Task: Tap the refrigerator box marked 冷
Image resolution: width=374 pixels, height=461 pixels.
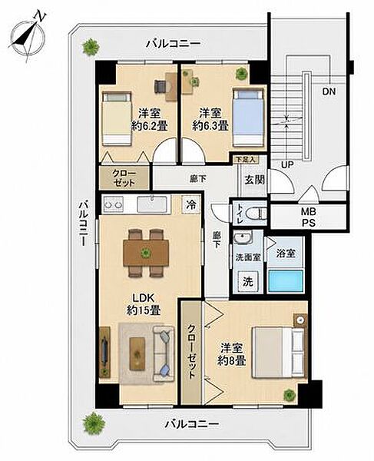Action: click(191, 204)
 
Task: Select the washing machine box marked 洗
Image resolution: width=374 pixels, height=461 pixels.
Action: click(248, 282)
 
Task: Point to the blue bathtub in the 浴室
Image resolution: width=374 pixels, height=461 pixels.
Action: click(286, 280)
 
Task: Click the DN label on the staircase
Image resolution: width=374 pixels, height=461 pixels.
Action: click(329, 91)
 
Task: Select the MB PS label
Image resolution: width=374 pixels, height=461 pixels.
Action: click(308, 217)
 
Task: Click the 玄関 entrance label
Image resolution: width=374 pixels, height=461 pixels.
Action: click(254, 180)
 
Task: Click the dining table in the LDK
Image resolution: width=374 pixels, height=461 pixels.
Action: click(146, 253)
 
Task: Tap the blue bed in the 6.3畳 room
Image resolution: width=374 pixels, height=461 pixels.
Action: click(248, 118)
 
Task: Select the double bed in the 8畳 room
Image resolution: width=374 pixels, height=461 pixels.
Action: click(279, 353)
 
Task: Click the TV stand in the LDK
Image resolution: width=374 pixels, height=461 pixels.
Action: click(104, 352)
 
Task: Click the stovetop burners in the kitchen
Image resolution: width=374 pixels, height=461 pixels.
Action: click(112, 204)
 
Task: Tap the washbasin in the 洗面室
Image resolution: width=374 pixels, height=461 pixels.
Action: click(243, 238)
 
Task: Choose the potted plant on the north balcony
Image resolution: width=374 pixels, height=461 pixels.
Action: click(90, 47)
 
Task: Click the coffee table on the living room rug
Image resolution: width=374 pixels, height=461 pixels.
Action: click(137, 353)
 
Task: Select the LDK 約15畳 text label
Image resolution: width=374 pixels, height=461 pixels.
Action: click(144, 304)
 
